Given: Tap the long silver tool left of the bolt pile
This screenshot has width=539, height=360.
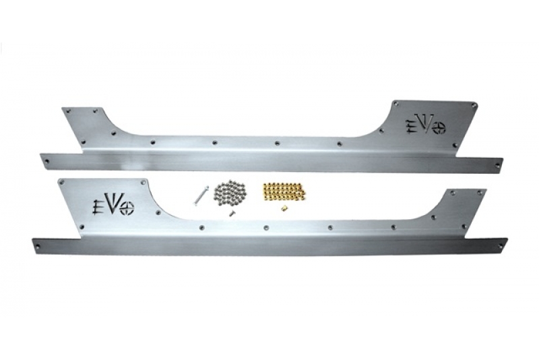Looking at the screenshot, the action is tap(198, 194).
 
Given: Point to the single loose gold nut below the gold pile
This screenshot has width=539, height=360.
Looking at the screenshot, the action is tap(284, 208).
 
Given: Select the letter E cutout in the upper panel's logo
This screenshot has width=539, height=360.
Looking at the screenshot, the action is tap(410, 127).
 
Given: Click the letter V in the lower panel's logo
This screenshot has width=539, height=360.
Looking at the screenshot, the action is tap(113, 205).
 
